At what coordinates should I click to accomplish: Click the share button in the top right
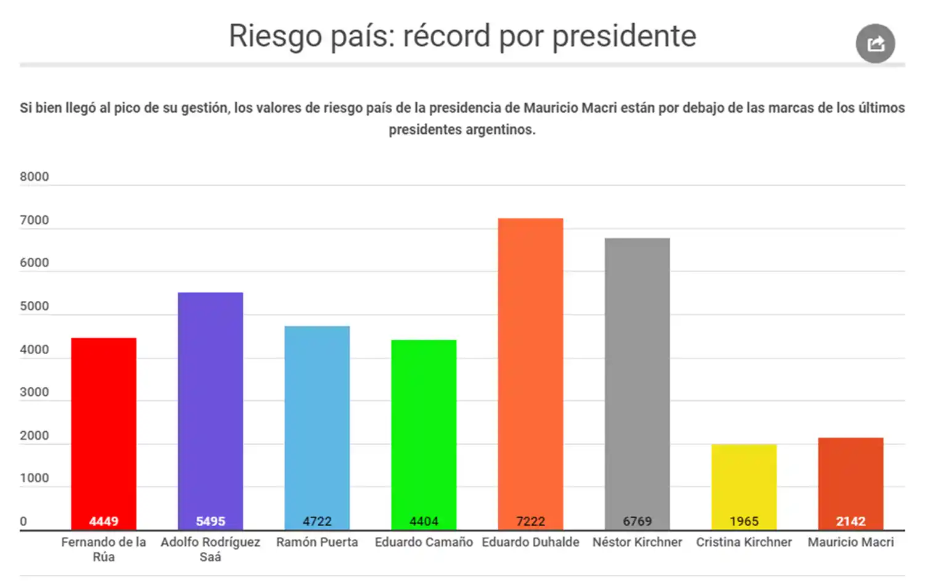click(x=875, y=44)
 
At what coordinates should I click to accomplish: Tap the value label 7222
click(x=530, y=521)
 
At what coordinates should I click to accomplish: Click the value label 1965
click(x=744, y=521)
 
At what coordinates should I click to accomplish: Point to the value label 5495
click(x=210, y=521)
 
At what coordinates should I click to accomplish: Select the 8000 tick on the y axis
click(x=34, y=176)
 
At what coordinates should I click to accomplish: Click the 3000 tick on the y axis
click(x=34, y=392)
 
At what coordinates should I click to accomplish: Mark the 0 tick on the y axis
click(x=23, y=521)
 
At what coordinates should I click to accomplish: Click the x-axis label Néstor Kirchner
click(x=637, y=542)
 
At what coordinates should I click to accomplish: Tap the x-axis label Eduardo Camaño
click(x=424, y=542)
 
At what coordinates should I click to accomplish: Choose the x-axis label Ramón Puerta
click(x=317, y=542)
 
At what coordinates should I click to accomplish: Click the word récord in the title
click(x=446, y=36)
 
